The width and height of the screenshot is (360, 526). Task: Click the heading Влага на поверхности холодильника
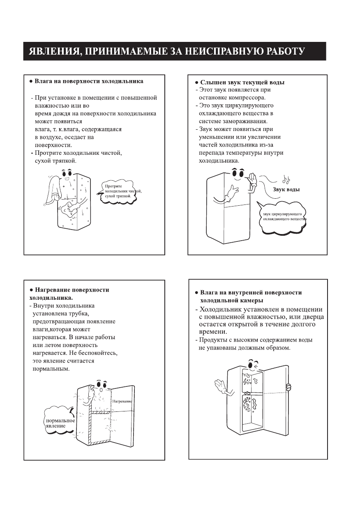[89, 81]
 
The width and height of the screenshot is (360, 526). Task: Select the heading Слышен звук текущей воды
[242, 82]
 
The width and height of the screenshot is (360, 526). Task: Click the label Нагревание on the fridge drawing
[122, 401]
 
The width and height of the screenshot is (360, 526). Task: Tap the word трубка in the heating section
[76, 313]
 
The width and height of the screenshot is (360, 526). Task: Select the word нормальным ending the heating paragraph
[51, 368]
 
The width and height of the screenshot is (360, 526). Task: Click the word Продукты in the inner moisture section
[213, 340]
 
